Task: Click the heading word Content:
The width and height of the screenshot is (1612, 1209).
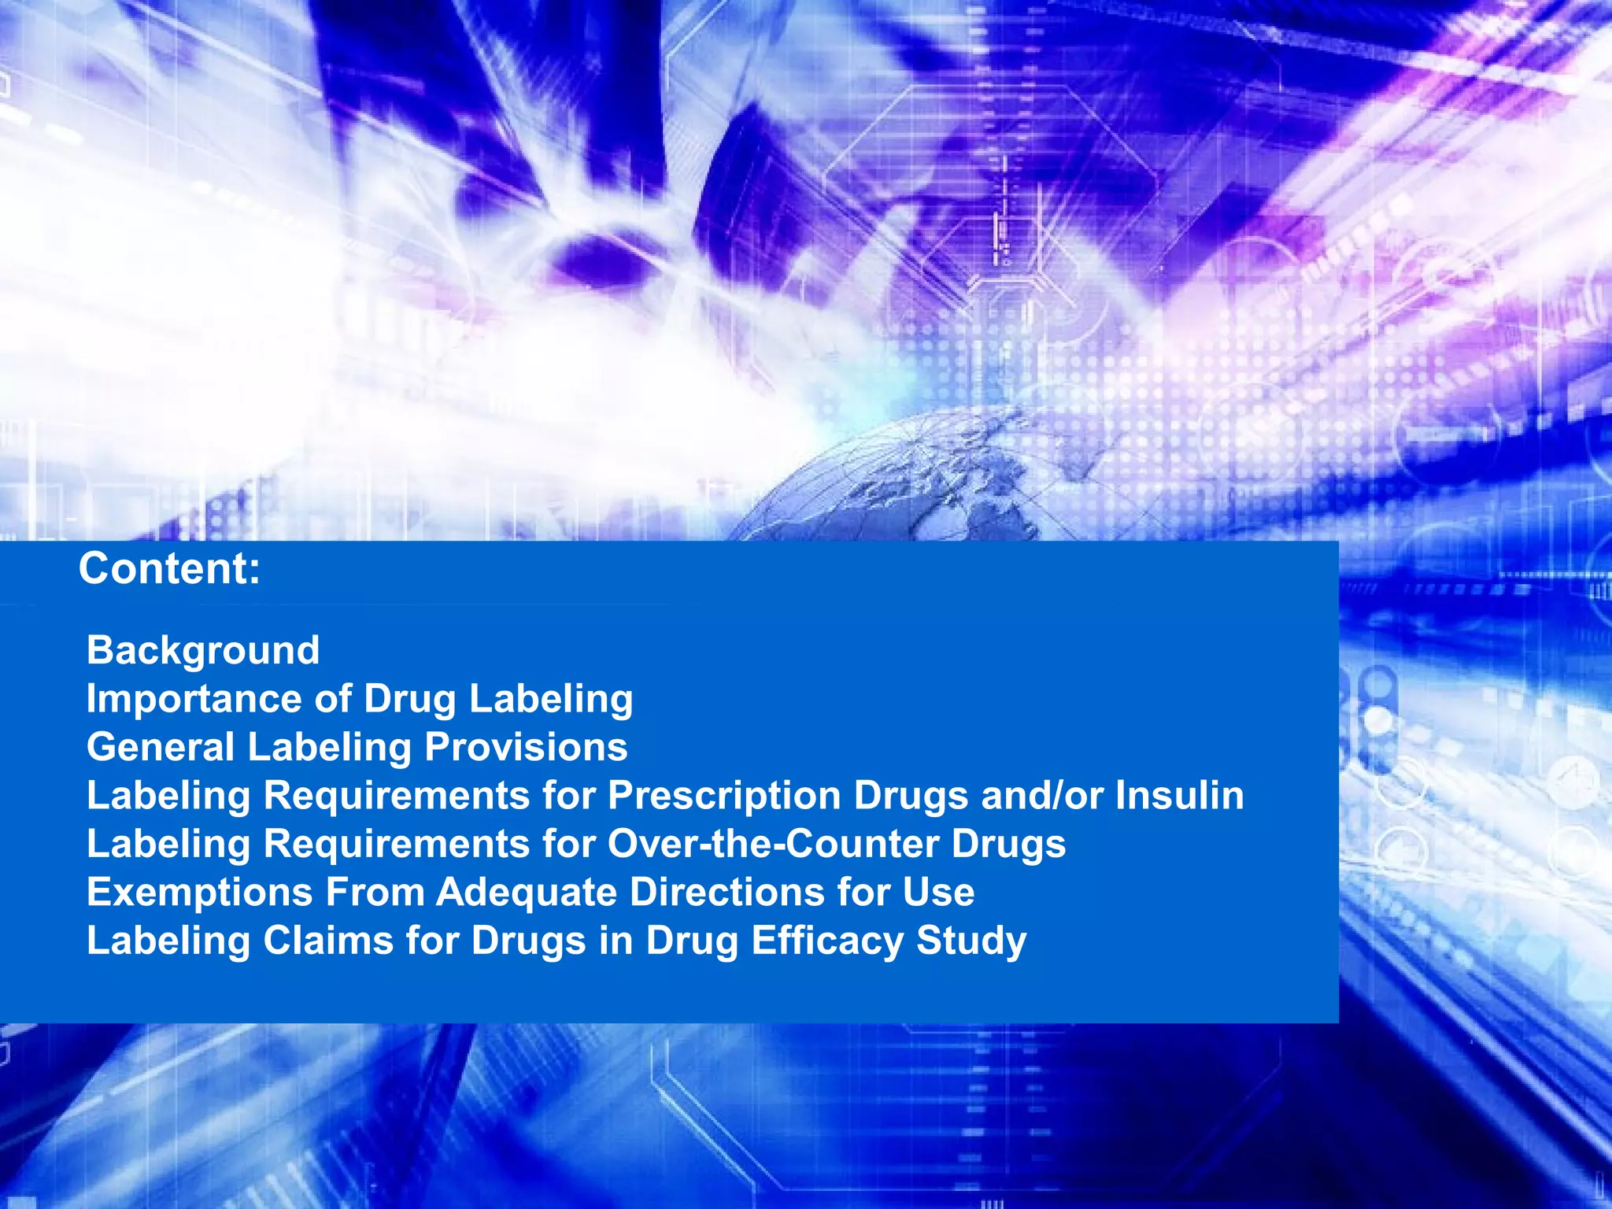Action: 169,568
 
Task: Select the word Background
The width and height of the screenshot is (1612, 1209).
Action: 203,650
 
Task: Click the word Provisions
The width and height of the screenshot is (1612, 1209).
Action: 526,747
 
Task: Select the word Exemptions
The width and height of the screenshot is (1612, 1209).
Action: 200,893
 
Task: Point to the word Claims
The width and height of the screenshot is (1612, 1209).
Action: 327,941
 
